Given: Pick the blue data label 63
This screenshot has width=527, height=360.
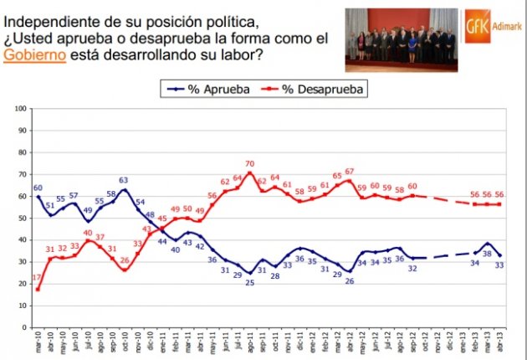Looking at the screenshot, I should point(122,180).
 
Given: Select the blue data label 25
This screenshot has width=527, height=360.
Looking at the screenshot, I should point(249,283).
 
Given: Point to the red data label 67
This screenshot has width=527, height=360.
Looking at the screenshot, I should point(349,171).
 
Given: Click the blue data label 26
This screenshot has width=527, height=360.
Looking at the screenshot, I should point(349,280).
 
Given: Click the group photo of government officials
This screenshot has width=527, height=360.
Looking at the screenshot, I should point(402,39).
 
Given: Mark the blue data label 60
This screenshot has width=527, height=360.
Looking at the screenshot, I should point(38,188).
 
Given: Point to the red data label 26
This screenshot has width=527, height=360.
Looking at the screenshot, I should point(123,260).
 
